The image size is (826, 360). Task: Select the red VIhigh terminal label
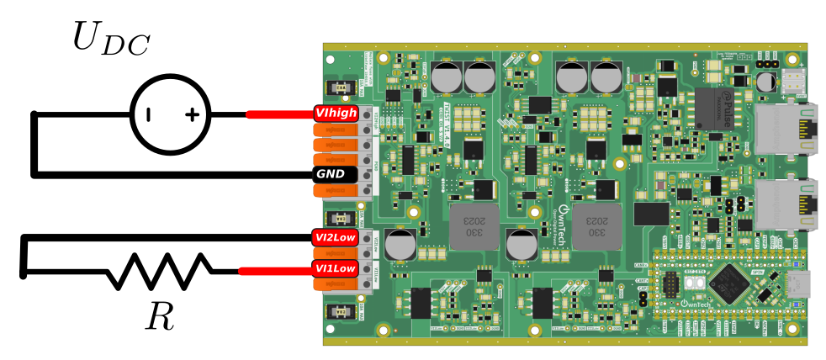click(x=336, y=114)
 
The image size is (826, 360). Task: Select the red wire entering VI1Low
click(x=274, y=270)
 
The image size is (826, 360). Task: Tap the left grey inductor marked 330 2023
click(x=473, y=225)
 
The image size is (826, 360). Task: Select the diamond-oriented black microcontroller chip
click(x=728, y=283)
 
